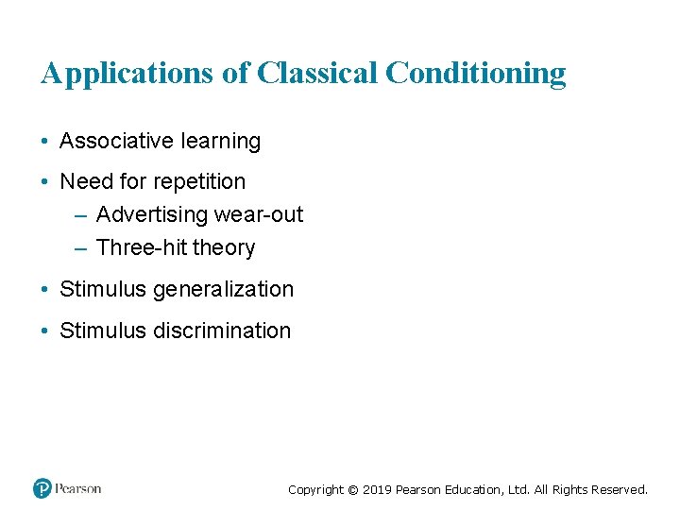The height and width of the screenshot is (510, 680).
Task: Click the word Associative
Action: (x=111, y=142)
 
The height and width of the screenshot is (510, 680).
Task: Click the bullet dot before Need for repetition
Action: (x=45, y=181)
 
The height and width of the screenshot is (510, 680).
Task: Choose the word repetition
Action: (x=200, y=181)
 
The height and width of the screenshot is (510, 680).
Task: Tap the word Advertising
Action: (x=151, y=214)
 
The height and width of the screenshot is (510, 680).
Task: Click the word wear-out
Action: (x=259, y=214)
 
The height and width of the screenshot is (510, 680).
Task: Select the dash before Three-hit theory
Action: (x=79, y=247)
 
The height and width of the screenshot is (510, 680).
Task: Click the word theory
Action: (x=223, y=247)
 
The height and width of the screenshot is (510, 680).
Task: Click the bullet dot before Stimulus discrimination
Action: (x=45, y=331)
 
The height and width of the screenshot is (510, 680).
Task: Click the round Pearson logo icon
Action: (x=42, y=488)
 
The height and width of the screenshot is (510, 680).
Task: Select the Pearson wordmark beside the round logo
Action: (x=77, y=488)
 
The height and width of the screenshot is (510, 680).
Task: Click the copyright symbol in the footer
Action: (x=353, y=490)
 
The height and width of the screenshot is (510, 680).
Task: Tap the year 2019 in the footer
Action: (x=377, y=490)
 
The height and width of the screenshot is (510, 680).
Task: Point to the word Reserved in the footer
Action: (x=619, y=490)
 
